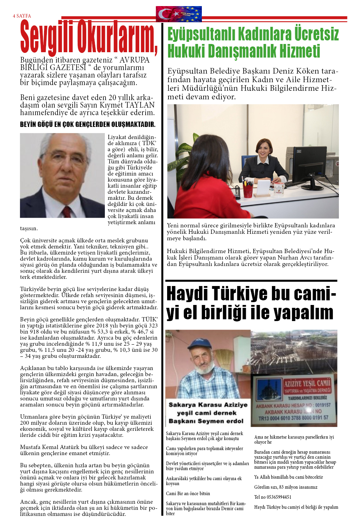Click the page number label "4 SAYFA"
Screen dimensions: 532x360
point(22,16)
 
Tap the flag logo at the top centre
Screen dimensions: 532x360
point(179,14)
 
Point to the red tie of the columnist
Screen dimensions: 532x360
point(67,212)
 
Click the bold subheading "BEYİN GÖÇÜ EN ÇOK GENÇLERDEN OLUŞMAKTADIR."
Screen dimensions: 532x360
point(88,124)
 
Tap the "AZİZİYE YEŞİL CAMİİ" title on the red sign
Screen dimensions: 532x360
point(307,384)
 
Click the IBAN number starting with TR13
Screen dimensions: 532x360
point(293,418)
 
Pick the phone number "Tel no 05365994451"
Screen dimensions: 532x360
point(273,497)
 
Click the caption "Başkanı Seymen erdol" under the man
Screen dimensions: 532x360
point(206,421)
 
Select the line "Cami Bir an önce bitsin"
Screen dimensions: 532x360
point(188,493)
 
